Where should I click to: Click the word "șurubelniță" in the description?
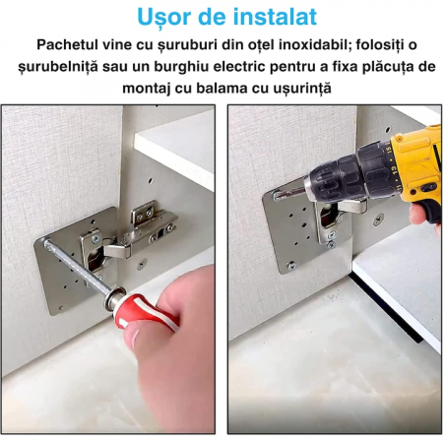(58, 67)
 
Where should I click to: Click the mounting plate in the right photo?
(295, 236)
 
